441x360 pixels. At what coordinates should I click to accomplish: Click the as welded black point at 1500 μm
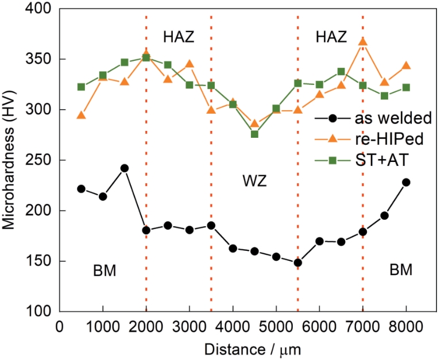pyautogui.click(x=125, y=168)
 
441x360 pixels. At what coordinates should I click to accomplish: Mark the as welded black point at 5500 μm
pyautogui.click(x=297, y=263)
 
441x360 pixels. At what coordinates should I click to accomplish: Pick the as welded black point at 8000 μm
pyautogui.click(x=406, y=182)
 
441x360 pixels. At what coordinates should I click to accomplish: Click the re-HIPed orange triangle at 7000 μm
pyautogui.click(x=363, y=42)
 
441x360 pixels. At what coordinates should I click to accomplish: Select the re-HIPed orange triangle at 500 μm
pyautogui.click(x=81, y=115)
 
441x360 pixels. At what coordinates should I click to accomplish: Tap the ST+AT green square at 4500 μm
pyautogui.click(x=254, y=134)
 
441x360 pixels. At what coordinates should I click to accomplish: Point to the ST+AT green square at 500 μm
pyautogui.click(x=81, y=87)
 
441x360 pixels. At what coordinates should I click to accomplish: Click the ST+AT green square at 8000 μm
pyautogui.click(x=406, y=87)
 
